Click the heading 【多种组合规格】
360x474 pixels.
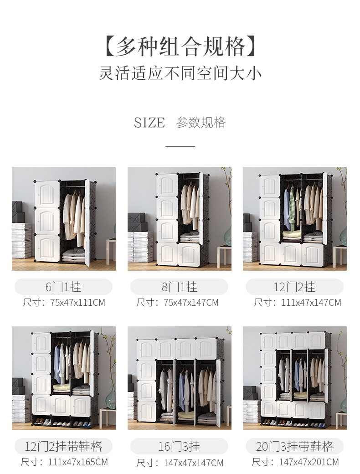[x=180, y=46]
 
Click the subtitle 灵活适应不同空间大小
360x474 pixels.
[x=180, y=73]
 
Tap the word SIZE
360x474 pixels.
[x=149, y=123]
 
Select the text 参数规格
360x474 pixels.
[x=201, y=123]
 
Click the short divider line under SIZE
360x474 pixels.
[x=180, y=146]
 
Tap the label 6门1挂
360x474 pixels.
[x=63, y=287]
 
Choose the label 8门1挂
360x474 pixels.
[x=179, y=287]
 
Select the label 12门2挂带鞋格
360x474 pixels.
[x=63, y=447]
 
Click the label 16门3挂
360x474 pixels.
[x=179, y=447]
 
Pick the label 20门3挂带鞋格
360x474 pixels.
[x=295, y=447]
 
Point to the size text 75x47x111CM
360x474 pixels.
[x=77, y=303]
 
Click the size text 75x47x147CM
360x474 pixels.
[x=191, y=303]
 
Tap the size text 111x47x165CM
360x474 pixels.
[x=78, y=462]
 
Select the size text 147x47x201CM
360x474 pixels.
[x=309, y=462]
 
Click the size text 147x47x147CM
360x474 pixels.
[x=194, y=463]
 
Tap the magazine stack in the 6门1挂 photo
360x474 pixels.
[x=21, y=241]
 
